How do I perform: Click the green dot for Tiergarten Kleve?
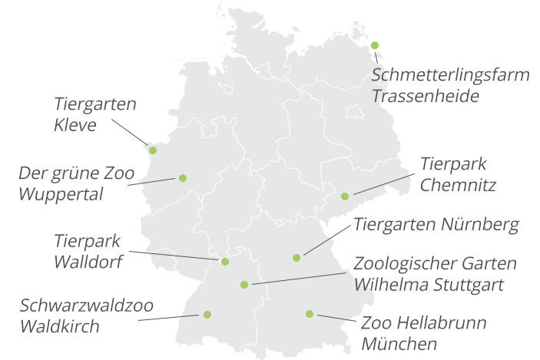[152, 150]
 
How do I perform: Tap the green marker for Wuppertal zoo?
[183, 178]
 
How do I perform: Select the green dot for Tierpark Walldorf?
[225, 262]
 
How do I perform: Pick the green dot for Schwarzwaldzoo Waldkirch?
[207, 314]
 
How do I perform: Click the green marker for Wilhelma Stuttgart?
[244, 285]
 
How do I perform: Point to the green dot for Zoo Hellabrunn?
[310, 313]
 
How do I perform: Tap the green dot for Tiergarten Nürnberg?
[297, 258]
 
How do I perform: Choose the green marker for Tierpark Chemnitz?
[345, 197]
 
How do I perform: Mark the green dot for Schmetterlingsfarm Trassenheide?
[375, 45]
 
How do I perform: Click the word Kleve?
[75, 124]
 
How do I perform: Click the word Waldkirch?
[60, 326]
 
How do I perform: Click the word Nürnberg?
[481, 225]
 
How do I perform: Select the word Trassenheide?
[426, 97]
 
